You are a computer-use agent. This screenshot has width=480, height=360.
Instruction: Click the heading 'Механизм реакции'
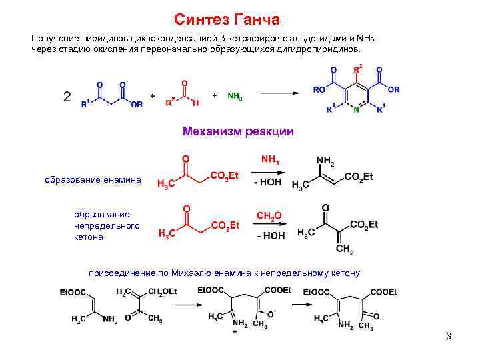(238, 131)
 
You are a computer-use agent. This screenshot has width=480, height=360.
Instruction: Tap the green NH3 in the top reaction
(235, 96)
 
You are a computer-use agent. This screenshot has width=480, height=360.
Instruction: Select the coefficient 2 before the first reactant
(67, 97)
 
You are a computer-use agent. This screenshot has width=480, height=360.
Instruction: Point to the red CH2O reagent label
(269, 215)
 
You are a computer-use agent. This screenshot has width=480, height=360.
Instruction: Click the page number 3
(449, 336)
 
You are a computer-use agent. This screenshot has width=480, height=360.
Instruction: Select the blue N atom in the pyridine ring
(357, 109)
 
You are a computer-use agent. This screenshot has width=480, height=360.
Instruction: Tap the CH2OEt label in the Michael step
(162, 291)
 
